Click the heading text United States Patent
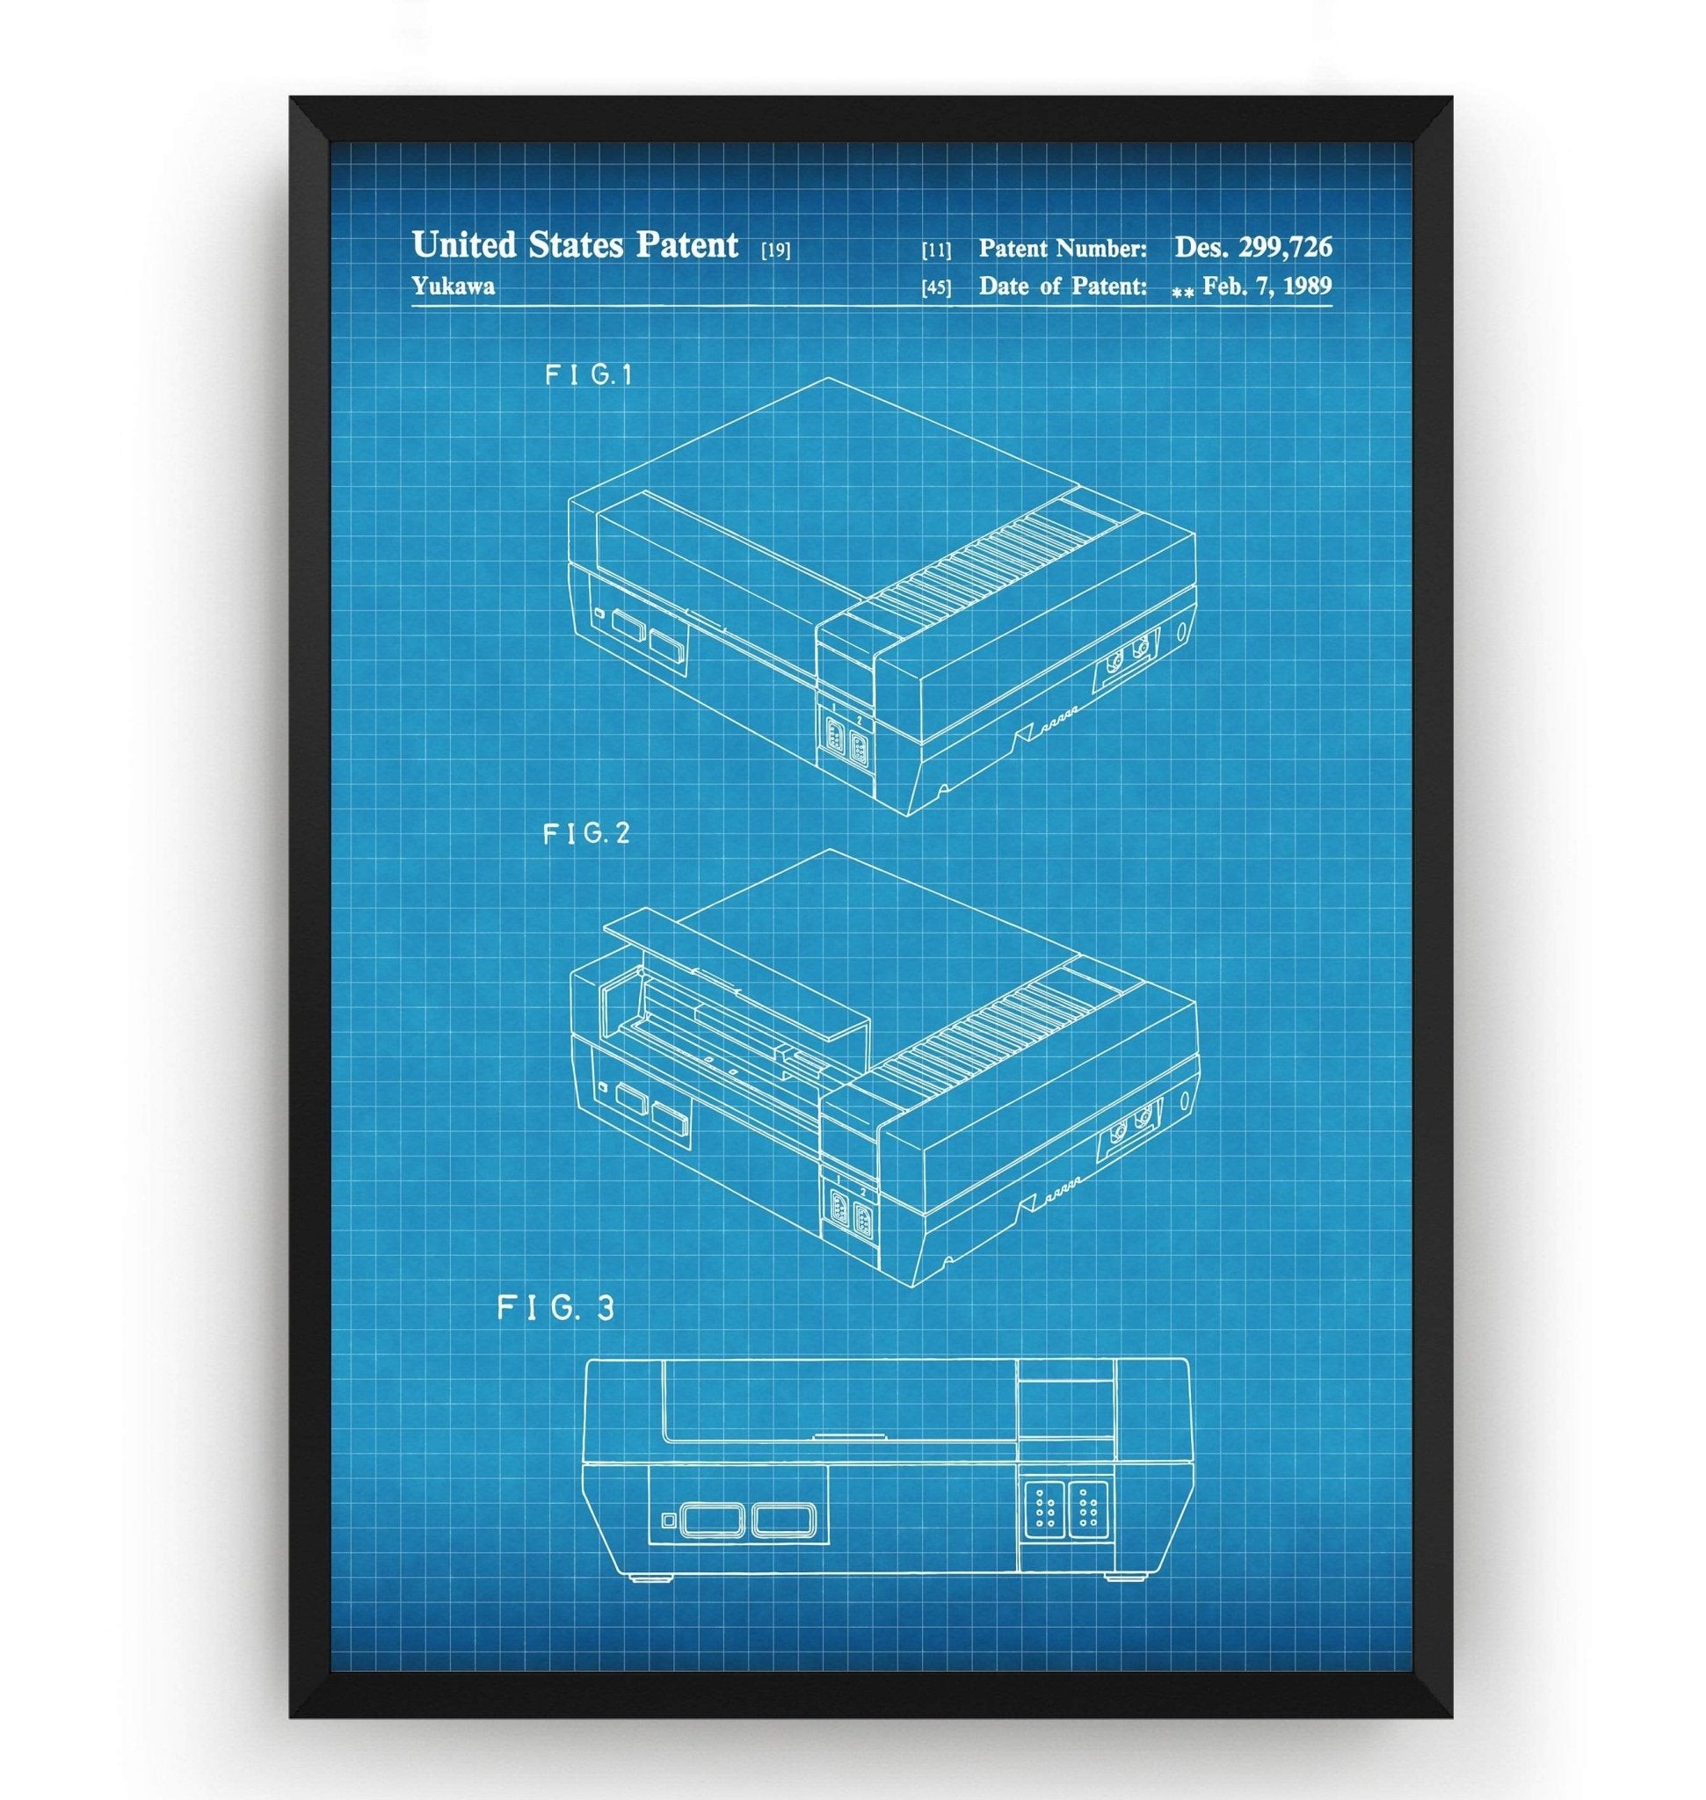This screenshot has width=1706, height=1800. pos(575,244)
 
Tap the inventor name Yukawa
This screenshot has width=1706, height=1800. pos(453,287)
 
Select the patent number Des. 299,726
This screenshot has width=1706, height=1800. pos(1253,245)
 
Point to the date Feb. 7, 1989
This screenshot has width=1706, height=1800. pos(1267,287)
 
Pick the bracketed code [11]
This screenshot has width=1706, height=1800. pos(936,250)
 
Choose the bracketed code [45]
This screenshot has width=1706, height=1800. pos(936,288)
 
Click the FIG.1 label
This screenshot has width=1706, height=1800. pos(588,374)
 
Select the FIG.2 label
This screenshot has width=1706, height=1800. pos(586,833)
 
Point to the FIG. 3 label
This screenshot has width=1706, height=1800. pos(555,1308)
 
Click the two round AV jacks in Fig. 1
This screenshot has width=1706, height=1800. pos(1128,653)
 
